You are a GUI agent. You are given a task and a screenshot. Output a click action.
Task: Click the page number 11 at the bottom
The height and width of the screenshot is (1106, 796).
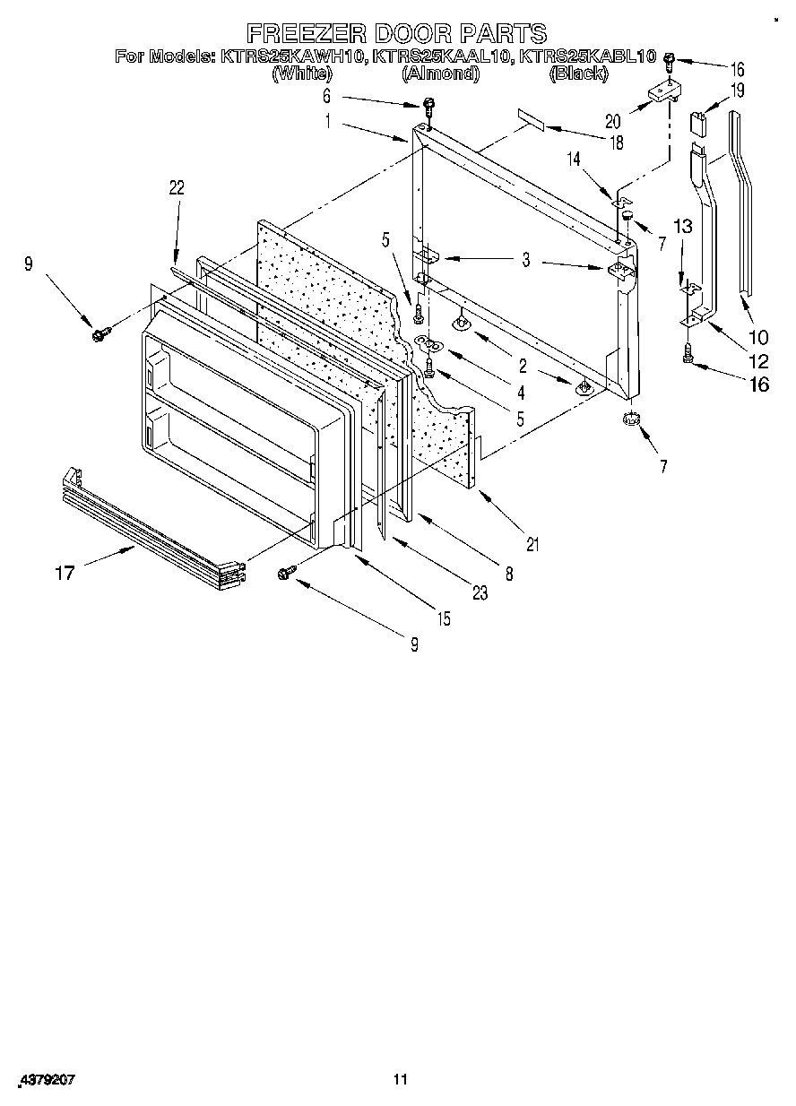400,1080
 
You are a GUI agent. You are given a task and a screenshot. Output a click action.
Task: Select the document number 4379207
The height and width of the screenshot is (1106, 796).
45,1081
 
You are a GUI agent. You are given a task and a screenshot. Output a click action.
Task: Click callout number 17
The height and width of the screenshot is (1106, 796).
65,573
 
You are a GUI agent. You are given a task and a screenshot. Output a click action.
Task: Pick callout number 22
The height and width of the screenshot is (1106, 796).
176,187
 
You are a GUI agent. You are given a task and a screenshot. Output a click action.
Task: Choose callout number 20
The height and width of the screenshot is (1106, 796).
612,121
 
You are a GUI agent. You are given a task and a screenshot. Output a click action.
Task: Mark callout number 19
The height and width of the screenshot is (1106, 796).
737,90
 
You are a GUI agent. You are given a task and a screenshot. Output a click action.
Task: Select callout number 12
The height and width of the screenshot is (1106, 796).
758,361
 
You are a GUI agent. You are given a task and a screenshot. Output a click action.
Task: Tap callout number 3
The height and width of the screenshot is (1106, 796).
526,261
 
